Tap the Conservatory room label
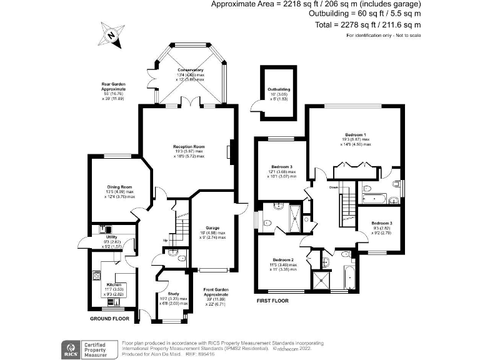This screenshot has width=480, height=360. point(190,70)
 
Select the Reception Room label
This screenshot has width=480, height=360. point(189,146)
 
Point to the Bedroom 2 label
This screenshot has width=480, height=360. point(283,259)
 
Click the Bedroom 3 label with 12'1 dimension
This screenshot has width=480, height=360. point(282,167)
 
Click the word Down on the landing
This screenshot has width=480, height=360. point(334,187)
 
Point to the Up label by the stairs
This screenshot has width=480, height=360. point(166,240)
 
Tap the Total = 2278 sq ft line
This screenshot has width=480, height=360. point(368,24)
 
